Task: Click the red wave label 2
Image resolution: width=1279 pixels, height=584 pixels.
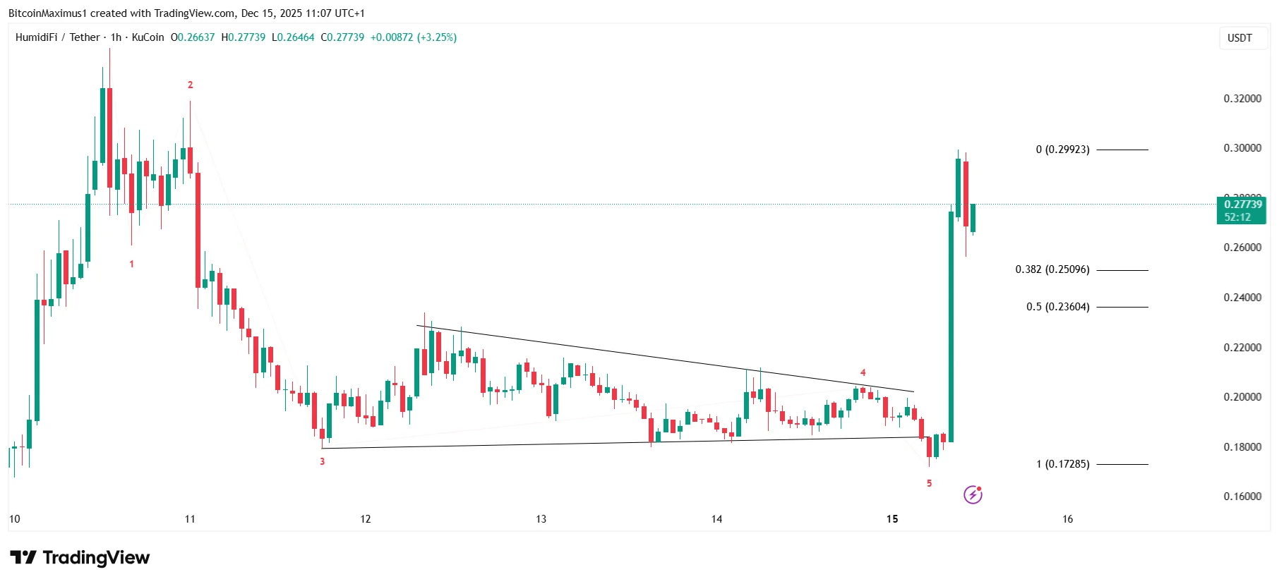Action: coord(190,85)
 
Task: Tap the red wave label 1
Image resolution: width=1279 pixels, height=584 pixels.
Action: coord(131,264)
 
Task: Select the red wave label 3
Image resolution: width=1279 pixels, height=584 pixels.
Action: coord(323,462)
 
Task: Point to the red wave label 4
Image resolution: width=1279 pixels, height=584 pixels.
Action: coord(863,372)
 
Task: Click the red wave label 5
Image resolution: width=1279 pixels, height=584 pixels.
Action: coord(929,483)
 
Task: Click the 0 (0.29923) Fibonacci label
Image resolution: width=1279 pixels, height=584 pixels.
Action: coord(1062,150)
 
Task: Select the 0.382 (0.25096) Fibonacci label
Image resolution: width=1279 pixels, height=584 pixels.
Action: coord(1052,269)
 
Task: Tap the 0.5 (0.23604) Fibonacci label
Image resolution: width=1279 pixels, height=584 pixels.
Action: coord(1057,307)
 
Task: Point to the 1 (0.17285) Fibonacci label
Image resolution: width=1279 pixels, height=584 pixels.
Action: coord(1062,464)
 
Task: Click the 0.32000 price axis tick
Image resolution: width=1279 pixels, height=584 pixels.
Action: coord(1242,99)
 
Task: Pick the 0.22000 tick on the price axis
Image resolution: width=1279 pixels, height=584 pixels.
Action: coord(1242,348)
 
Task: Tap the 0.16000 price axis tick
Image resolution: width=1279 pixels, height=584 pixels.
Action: coord(1242,497)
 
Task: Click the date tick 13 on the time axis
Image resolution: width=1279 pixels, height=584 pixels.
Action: coord(541,519)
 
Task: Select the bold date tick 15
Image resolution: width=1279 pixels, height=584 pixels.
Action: coord(892,519)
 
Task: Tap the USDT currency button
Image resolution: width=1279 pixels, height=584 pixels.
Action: coord(1239,38)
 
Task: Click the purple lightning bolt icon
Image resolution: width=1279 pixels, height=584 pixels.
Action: coord(973,495)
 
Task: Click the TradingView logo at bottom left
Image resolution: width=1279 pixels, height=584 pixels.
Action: coord(80,558)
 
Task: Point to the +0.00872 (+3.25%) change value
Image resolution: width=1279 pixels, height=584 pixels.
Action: coord(414,37)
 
